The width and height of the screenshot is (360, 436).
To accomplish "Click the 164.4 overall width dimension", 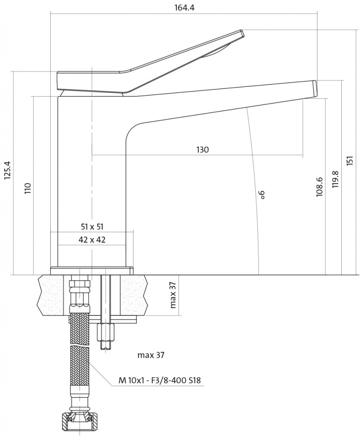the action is pyautogui.click(x=184, y=8).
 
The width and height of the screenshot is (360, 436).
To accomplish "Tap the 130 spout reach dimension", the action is pyautogui.click(x=202, y=149).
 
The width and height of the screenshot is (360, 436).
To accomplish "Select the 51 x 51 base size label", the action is pyautogui.click(x=92, y=227).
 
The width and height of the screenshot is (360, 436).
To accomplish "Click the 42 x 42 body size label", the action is pyautogui.click(x=92, y=239).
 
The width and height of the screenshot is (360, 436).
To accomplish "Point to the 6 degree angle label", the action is pyautogui.click(x=262, y=195).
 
